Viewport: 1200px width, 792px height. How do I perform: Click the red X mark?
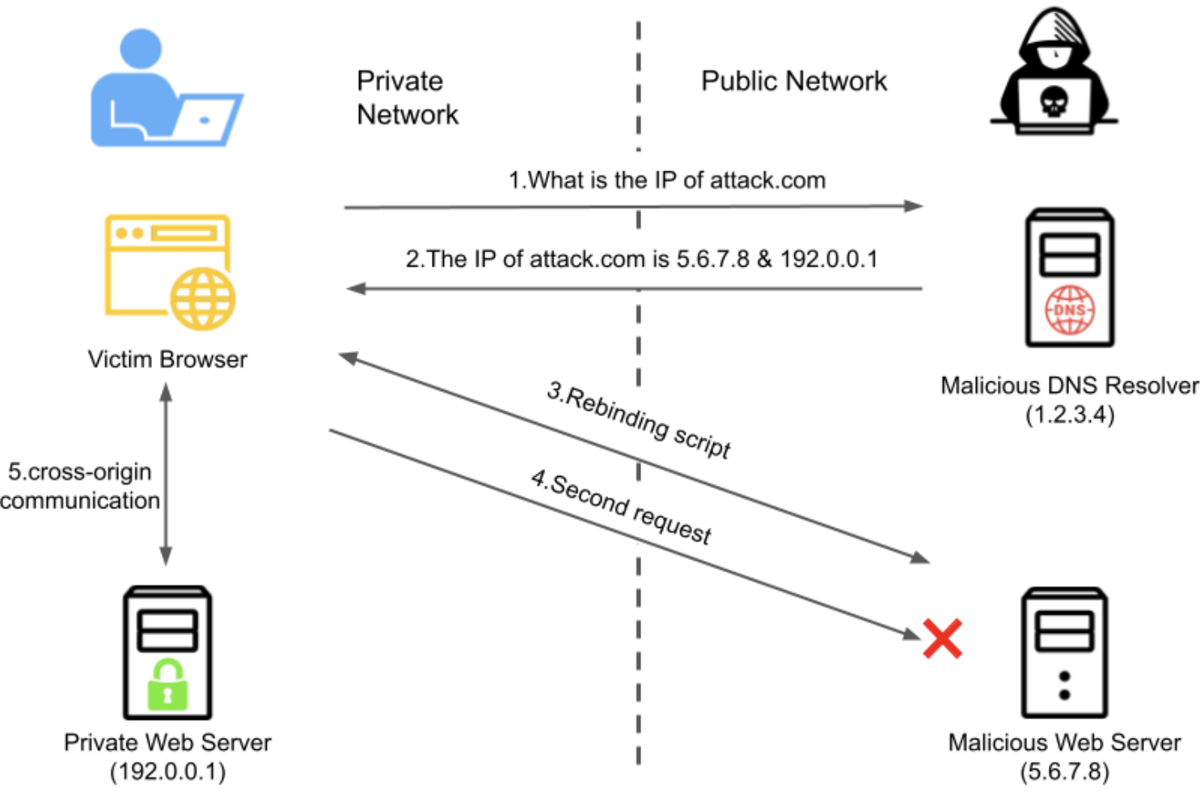point(942,638)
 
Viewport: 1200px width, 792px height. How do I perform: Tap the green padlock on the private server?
point(167,685)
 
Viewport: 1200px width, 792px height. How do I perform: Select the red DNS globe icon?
point(1069,310)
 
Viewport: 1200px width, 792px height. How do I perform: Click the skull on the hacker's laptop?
point(1054,102)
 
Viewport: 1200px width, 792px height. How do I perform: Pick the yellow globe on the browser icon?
point(202,299)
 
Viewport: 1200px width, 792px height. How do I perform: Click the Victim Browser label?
point(167,360)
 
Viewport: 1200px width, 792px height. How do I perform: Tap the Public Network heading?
point(793,81)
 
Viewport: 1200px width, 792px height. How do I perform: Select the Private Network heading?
point(407,98)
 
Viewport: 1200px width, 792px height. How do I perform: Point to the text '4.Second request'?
point(621,506)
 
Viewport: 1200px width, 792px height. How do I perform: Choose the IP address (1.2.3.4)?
point(1069,415)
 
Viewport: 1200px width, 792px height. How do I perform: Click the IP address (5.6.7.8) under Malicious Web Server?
point(1064,771)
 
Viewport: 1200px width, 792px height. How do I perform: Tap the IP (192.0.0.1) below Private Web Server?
point(167,771)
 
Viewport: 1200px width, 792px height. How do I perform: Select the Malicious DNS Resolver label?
point(1069,385)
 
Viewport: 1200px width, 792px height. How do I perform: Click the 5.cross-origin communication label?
point(79,486)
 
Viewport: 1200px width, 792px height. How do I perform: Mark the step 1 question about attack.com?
point(666,180)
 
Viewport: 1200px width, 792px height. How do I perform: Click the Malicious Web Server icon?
point(1064,652)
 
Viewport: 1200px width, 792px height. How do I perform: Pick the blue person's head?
point(141,48)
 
